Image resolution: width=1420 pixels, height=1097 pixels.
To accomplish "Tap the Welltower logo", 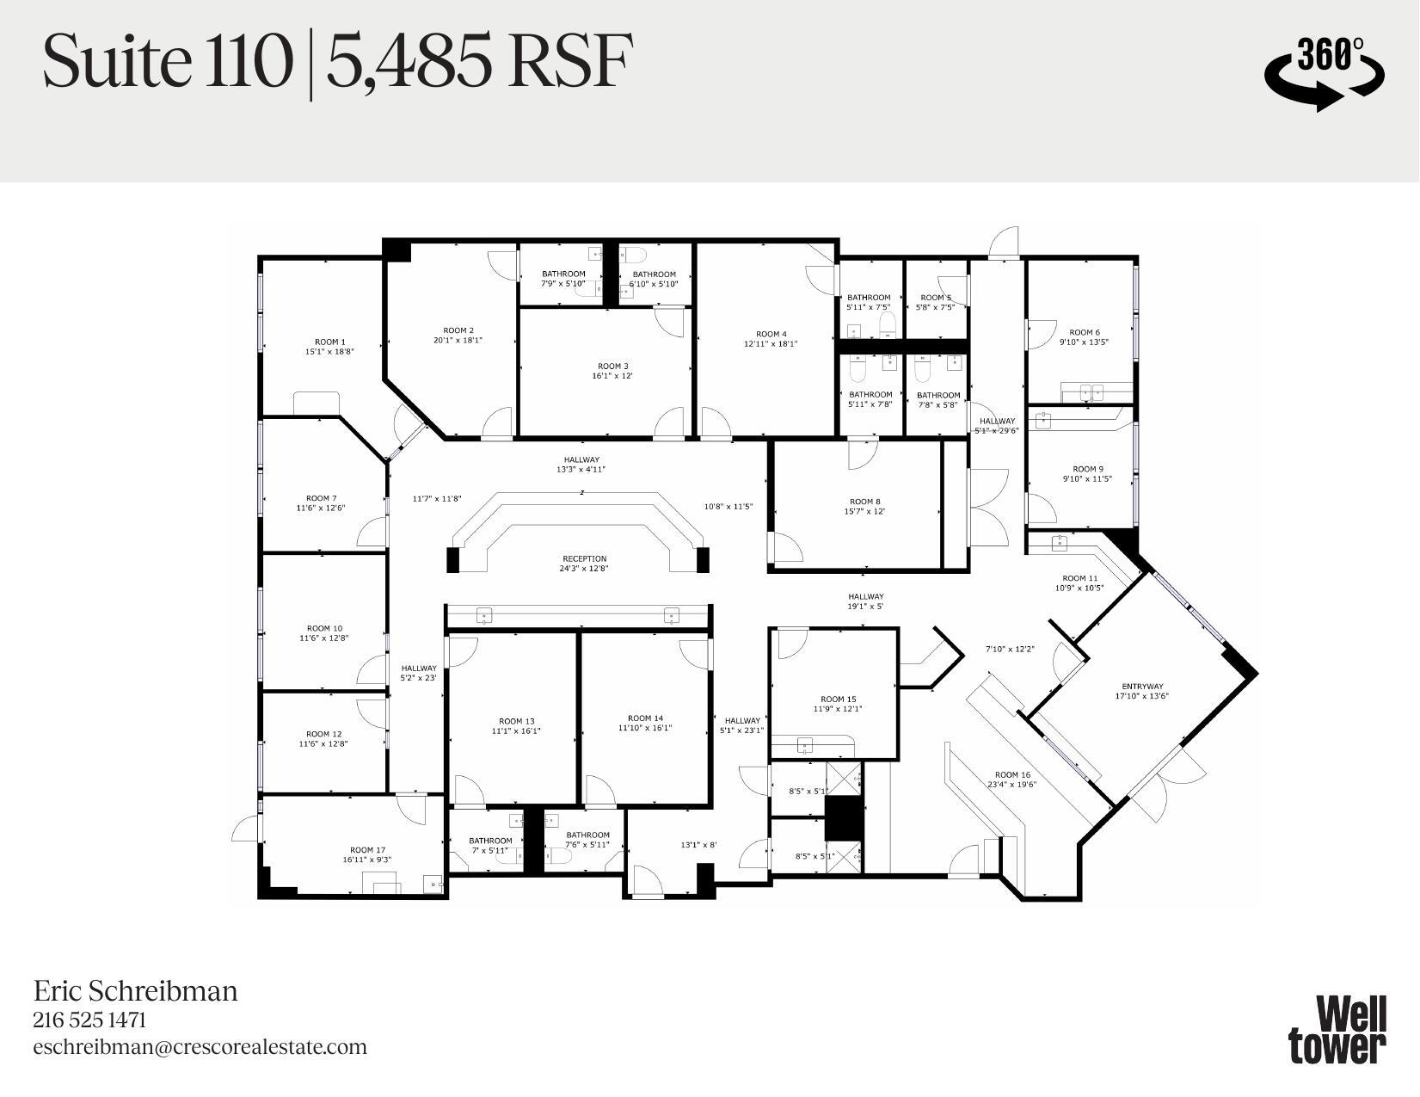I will point(1337,1030).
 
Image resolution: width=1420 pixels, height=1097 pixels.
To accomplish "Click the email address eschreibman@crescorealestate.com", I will point(200,1047).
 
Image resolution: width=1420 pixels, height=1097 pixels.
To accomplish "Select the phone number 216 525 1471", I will point(89,1020).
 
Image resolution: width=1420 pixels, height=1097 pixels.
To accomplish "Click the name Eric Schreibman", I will point(135,991).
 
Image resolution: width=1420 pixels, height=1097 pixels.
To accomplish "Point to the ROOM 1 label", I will point(329,342).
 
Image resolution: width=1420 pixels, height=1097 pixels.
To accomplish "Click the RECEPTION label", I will point(584,558).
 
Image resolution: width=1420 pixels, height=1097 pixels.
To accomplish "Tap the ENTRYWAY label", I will point(1141,687).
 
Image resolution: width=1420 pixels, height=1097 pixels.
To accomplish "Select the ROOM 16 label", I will point(1012,774).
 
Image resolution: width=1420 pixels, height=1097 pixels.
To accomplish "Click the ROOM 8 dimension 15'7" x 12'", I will point(864,511).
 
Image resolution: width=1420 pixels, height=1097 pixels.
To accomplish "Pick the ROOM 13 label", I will point(516,721).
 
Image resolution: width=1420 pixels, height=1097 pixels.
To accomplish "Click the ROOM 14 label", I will point(645,718).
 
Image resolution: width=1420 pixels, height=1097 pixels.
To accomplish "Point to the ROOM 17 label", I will point(367,850).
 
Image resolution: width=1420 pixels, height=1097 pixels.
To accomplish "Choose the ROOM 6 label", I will point(1084,332).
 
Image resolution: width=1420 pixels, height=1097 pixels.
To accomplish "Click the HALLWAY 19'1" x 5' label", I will point(865,596).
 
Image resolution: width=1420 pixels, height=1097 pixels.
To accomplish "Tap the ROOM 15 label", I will point(838,699).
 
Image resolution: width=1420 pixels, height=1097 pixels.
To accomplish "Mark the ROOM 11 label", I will point(1079,578).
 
